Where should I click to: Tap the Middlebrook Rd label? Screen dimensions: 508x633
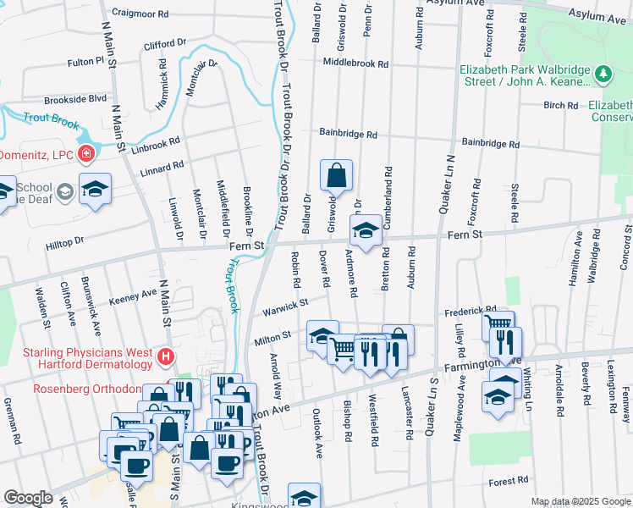click(355, 63)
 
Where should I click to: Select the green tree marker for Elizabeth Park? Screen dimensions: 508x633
click(603, 75)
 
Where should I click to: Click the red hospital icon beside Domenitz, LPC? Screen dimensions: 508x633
click(86, 153)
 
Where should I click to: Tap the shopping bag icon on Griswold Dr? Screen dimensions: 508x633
click(336, 176)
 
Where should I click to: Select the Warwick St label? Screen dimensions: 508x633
click(283, 303)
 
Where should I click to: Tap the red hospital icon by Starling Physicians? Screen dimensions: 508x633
click(166, 358)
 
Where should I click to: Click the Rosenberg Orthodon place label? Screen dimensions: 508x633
click(86, 389)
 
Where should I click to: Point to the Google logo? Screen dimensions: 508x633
click(27, 498)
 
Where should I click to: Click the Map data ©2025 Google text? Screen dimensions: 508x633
click(581, 501)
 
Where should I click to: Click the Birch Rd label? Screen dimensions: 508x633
click(560, 106)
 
